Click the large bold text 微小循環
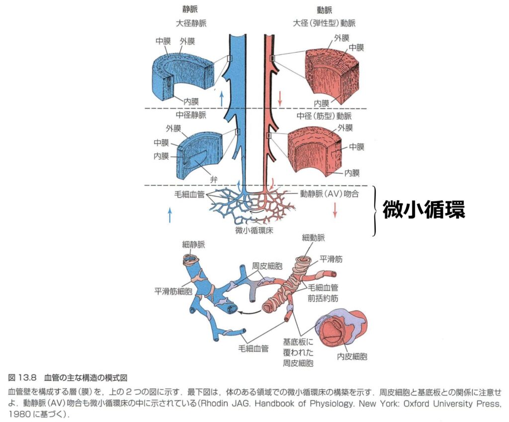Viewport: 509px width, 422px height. click(x=423, y=211)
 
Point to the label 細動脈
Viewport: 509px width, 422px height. click(x=313, y=240)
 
